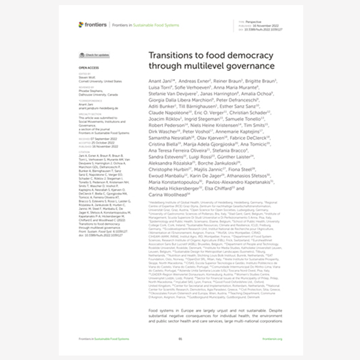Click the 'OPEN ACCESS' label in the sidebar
(x=88, y=68)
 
